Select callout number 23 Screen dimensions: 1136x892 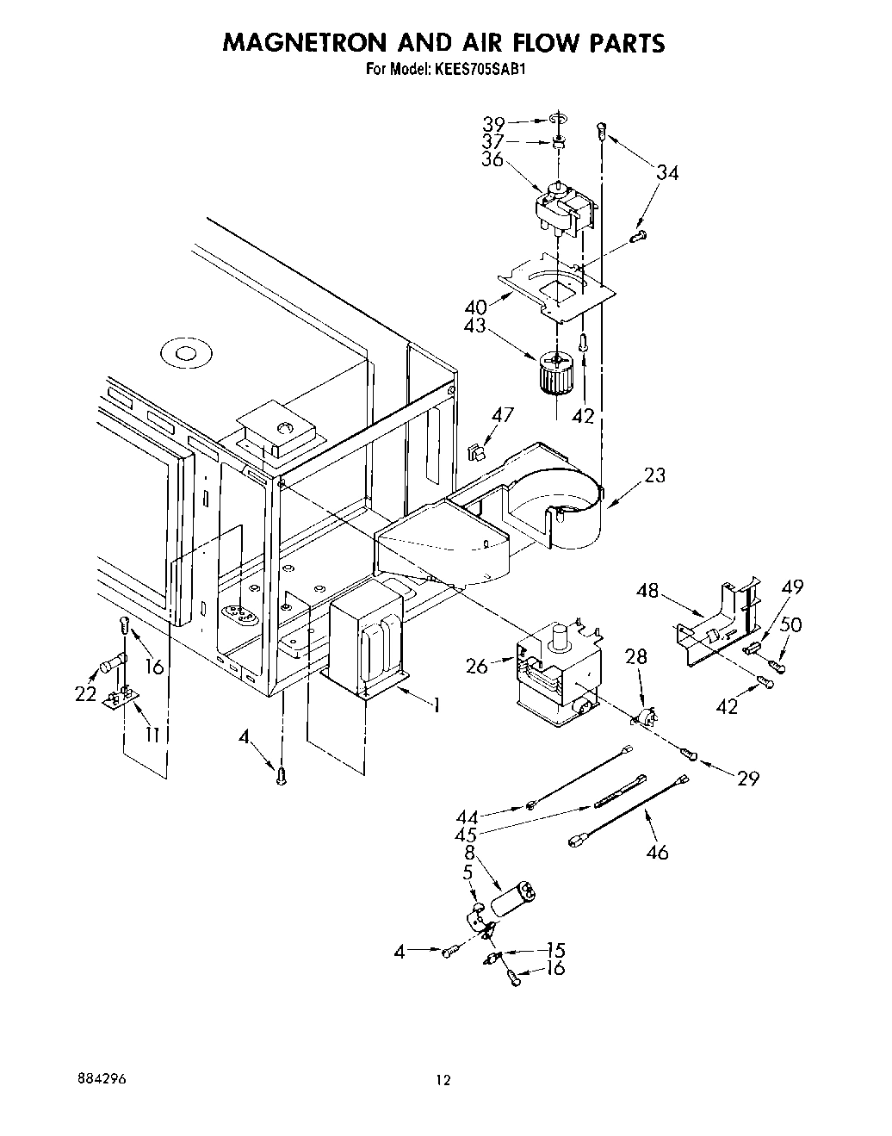click(654, 475)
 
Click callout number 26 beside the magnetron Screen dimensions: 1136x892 click(476, 666)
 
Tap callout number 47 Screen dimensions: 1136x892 click(502, 415)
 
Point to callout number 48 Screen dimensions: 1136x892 click(648, 592)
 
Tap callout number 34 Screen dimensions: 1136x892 click(666, 173)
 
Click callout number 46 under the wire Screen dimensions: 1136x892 click(656, 853)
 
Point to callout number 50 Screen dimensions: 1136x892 click(790, 624)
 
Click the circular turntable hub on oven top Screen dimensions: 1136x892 click(183, 353)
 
